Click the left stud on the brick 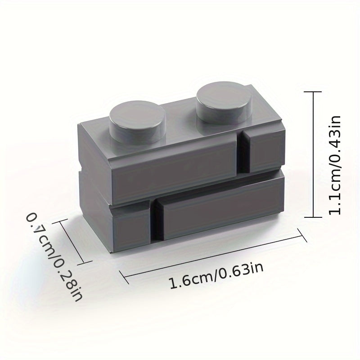coord(138,122)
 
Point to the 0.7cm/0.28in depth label coord(54,256)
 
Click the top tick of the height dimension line coord(313,92)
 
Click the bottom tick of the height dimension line coord(313,217)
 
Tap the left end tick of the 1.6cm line coord(124,277)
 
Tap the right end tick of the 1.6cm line coord(302,235)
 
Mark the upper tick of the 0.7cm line coord(60,221)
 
